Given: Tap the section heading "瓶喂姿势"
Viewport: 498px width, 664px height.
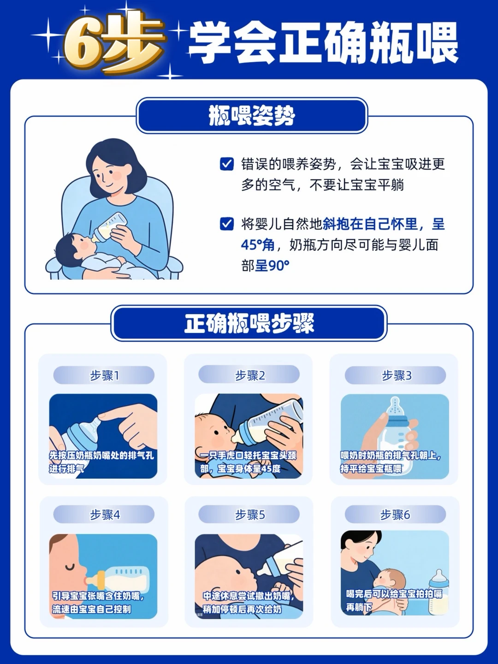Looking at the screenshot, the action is click(x=252, y=116).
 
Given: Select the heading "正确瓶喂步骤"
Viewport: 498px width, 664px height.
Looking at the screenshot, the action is click(x=249, y=323).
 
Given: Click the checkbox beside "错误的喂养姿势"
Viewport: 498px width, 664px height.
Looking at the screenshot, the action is click(x=227, y=164).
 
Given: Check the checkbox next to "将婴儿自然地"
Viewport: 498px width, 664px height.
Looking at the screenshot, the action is click(x=227, y=224).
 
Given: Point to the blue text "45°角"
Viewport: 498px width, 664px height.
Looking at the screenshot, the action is click(x=257, y=245).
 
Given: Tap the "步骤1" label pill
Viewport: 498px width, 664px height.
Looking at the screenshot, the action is click(x=104, y=375).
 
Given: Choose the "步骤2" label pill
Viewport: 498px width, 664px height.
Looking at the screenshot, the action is click(x=249, y=375).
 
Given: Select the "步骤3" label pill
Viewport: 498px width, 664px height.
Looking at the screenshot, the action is click(x=395, y=375).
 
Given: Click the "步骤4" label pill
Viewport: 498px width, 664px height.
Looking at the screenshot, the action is click(x=104, y=514).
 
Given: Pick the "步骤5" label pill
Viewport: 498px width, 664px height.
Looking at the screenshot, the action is click(x=249, y=514).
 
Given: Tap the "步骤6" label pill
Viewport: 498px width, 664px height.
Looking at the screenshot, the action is click(x=395, y=514).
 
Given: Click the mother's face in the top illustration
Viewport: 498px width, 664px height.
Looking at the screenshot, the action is click(x=111, y=176).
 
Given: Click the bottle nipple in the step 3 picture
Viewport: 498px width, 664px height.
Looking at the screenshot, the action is click(x=395, y=407).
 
